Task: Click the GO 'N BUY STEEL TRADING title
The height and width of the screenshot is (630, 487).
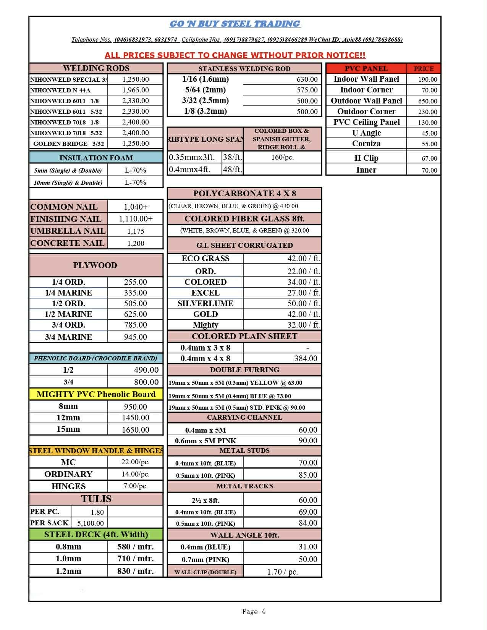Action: tap(235, 24)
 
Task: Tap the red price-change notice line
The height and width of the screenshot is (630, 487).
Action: tap(235, 55)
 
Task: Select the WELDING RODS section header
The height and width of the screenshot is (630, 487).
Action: tap(96, 68)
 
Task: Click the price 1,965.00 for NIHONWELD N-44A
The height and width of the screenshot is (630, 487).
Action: tap(136, 90)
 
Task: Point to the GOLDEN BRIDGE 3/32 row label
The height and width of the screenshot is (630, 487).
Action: tap(68, 144)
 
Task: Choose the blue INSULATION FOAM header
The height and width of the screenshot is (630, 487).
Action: tap(96, 158)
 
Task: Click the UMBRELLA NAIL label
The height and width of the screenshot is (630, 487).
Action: tap(68, 231)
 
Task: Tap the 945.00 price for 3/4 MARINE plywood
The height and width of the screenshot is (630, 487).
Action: tap(135, 337)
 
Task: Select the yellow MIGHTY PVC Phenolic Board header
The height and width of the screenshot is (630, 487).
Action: tap(96, 394)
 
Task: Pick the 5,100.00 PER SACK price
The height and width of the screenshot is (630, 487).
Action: tap(91, 523)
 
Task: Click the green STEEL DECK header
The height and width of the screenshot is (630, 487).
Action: tap(96, 534)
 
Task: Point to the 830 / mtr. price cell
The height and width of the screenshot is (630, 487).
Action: tap(135, 571)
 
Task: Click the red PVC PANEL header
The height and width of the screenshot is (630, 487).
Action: tap(366, 69)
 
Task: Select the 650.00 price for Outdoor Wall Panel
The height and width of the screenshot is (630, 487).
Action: tap(427, 101)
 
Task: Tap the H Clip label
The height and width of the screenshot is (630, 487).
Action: tap(366, 158)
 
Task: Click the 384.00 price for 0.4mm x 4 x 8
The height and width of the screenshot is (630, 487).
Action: tap(306, 359)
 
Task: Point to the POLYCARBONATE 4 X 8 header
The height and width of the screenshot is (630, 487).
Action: tap(244, 193)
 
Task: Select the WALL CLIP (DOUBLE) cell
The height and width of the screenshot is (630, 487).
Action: tap(205, 572)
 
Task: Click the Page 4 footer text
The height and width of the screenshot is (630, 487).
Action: tap(254, 612)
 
